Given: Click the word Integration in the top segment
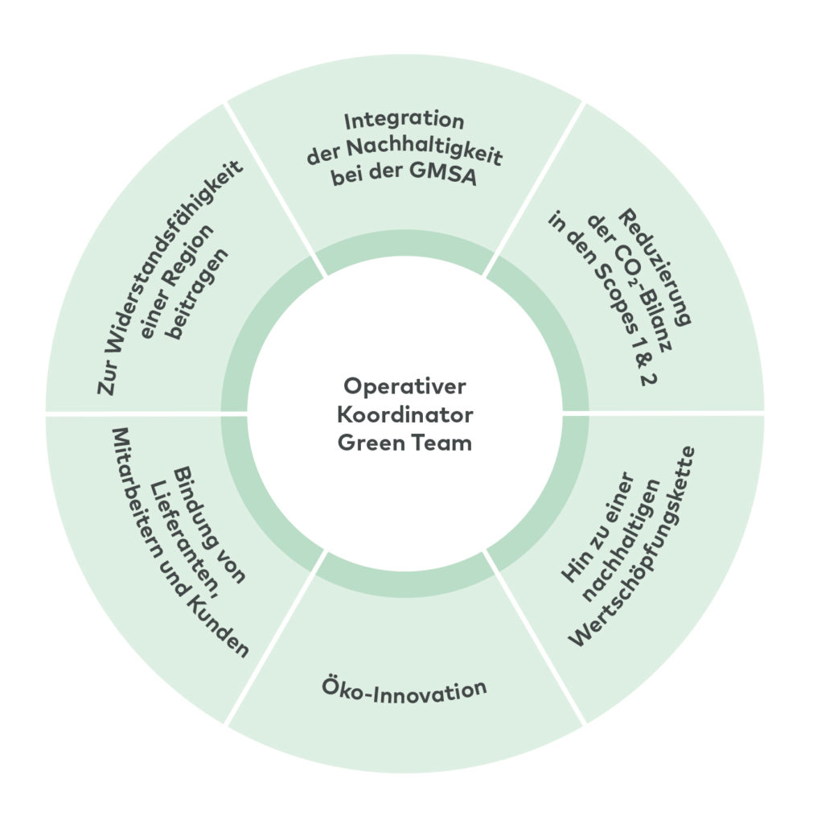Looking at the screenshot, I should click(404, 123).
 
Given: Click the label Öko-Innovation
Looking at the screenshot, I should click(404, 690).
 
